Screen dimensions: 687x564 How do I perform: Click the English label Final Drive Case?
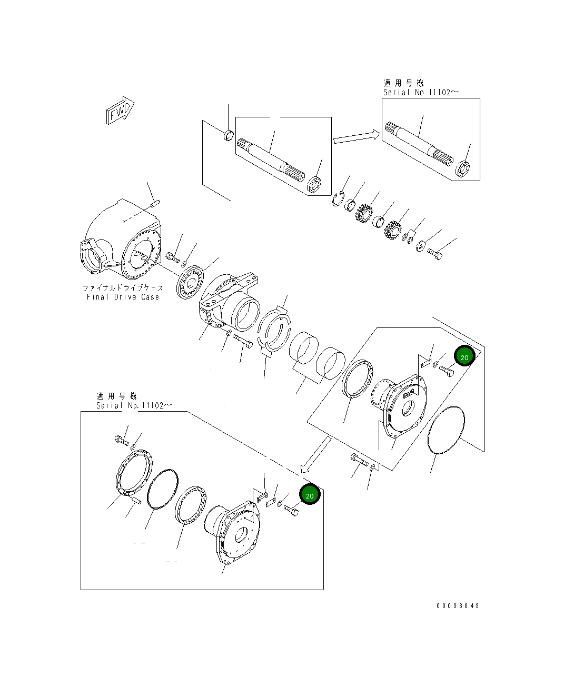(123, 297)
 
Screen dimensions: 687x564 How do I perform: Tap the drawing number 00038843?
(458, 605)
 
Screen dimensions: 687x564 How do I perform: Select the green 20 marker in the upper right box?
(464, 357)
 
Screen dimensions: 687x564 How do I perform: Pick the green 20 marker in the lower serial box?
(310, 495)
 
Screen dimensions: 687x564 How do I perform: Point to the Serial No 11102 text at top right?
(420, 92)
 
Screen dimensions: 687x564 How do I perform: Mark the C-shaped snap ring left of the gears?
(338, 200)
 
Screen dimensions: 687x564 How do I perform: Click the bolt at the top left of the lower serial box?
(121, 439)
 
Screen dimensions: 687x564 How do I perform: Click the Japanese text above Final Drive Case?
(123, 288)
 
